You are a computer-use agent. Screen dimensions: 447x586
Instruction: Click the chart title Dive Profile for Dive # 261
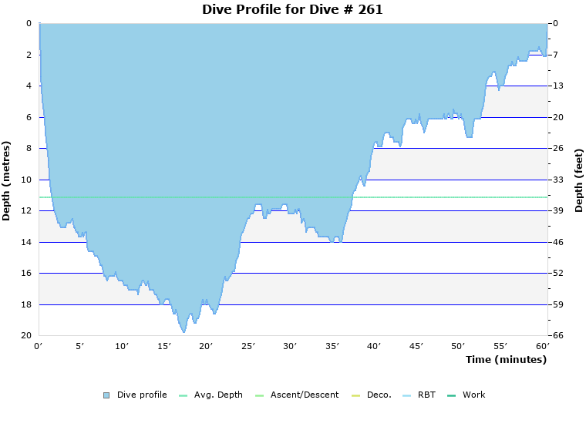[292, 10]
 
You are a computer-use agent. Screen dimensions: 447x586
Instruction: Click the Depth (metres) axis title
[7, 180]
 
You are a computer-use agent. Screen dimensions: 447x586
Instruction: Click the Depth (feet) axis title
[579, 180]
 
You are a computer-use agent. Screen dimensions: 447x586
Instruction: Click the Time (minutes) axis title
[506, 360]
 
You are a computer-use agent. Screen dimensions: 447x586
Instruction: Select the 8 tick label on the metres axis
[28, 149]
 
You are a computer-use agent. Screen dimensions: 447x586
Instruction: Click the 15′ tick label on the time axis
[164, 347]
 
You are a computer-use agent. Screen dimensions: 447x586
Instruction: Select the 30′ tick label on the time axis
[290, 347]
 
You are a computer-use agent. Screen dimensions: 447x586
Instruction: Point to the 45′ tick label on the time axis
[416, 347]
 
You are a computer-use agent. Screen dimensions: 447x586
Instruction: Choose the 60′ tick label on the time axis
[542, 347]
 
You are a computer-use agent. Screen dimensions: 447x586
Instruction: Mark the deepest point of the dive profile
[184, 332]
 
